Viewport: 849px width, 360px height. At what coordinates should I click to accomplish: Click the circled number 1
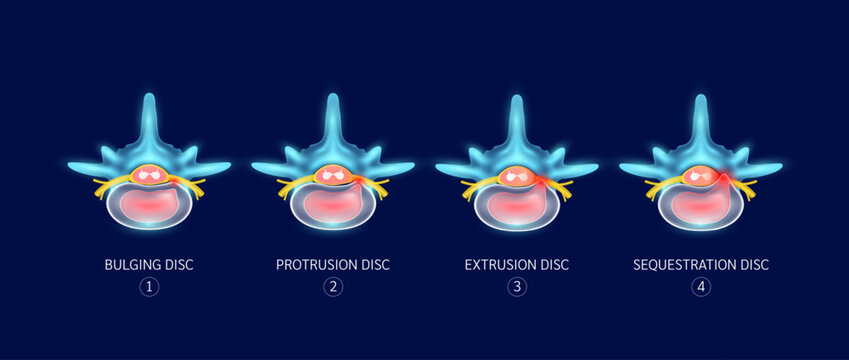[x=149, y=288]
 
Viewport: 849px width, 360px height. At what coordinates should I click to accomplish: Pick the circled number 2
[x=333, y=288]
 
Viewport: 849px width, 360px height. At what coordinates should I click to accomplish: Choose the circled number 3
[x=516, y=288]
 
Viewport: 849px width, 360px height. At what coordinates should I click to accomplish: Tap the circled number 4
[x=700, y=288]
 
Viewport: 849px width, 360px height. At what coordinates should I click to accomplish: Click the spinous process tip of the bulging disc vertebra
[x=149, y=98]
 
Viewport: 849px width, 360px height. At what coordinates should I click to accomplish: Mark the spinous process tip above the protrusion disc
[x=333, y=98]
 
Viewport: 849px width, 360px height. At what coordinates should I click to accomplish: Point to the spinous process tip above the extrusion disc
[x=516, y=98]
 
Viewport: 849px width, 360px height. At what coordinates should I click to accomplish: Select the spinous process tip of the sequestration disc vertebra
[x=700, y=98]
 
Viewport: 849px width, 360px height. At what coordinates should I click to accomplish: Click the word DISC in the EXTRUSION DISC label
[x=553, y=265]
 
